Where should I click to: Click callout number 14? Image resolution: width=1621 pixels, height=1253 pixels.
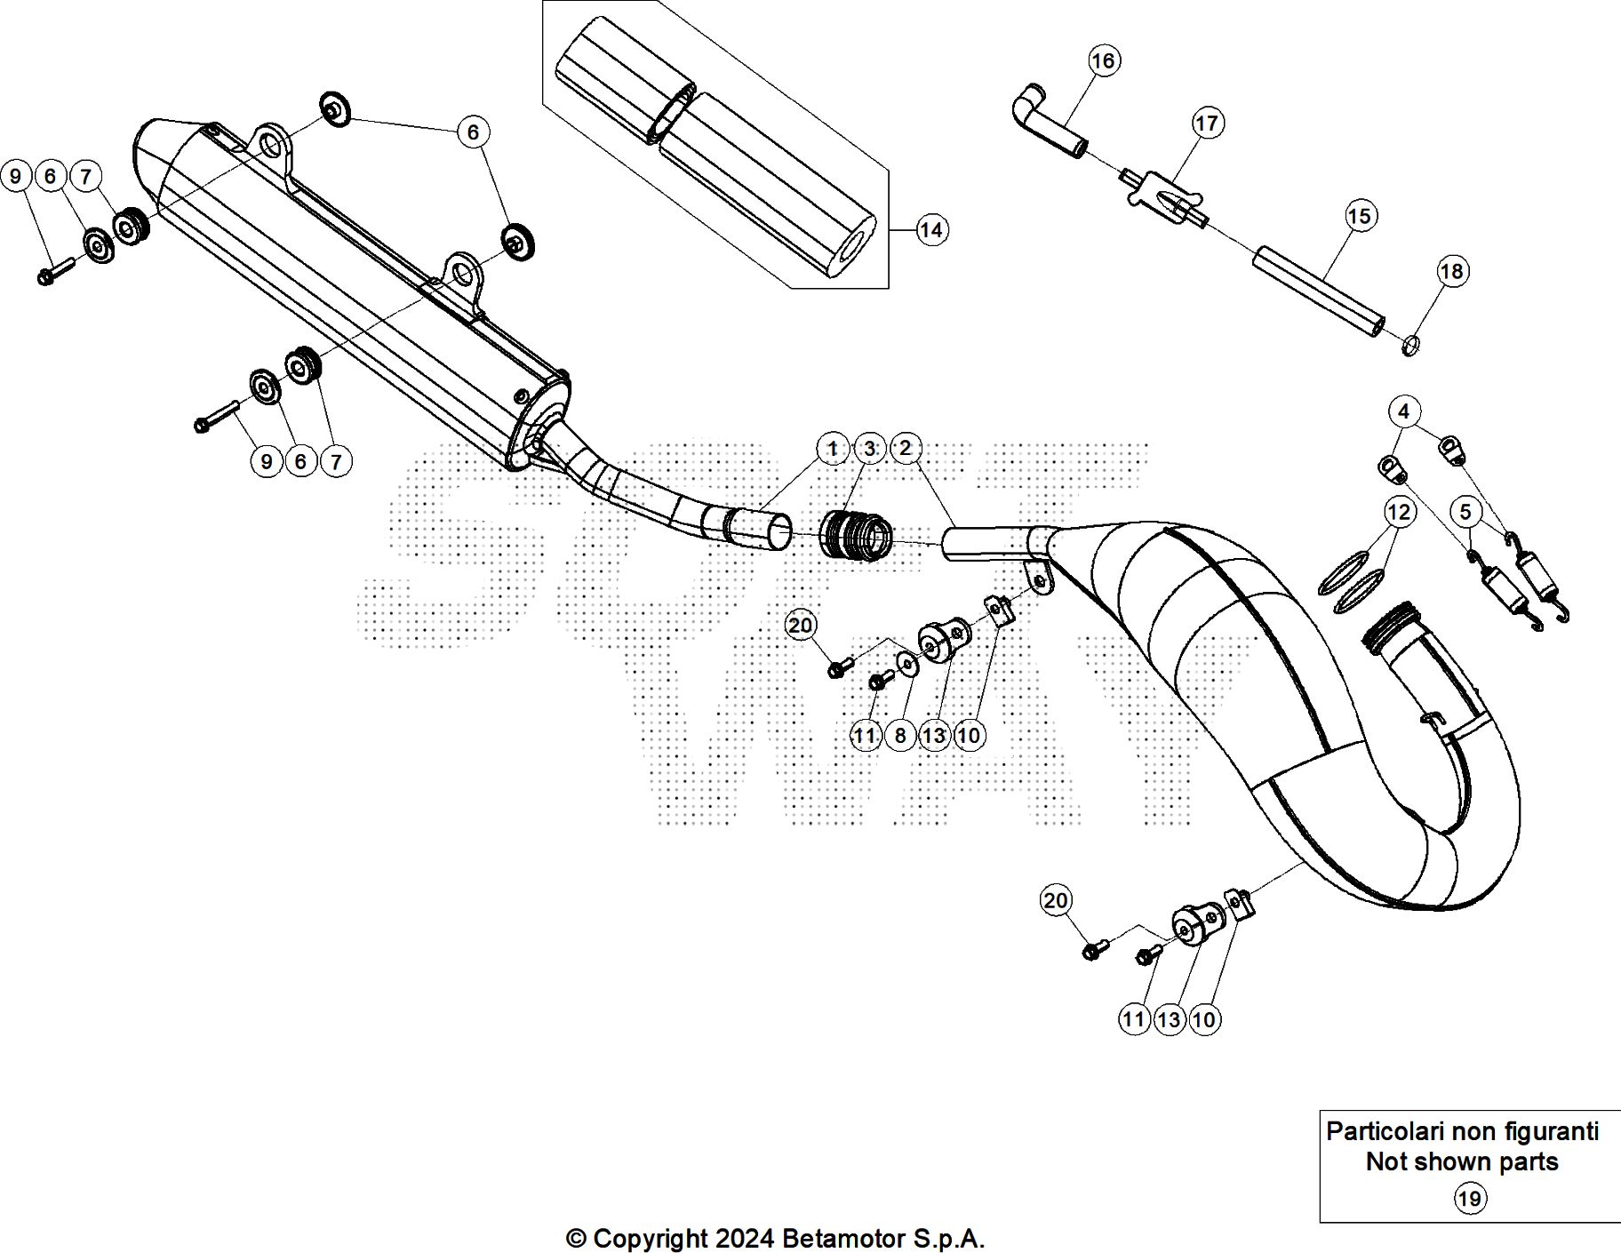tap(930, 230)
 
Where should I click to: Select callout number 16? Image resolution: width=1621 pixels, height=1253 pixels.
tap(1103, 60)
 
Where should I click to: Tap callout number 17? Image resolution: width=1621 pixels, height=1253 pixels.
tap(1207, 123)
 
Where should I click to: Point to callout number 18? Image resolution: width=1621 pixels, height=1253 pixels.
tap(1451, 271)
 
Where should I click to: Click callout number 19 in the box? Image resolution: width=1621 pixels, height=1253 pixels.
tap(1469, 1199)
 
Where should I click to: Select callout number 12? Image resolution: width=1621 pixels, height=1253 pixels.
tap(1399, 513)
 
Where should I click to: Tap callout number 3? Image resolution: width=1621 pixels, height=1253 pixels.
tap(869, 449)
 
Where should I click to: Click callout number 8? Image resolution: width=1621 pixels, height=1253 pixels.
tap(900, 735)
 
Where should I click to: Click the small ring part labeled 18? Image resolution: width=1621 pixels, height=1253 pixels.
tap(1410, 344)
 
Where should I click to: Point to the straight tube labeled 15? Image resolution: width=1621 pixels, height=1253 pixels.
tap(1320, 293)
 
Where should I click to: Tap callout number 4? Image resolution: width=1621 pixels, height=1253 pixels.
tap(1403, 411)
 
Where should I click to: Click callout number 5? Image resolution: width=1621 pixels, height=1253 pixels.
tap(1465, 512)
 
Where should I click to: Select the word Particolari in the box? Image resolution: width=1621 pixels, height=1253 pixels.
tap(1385, 1131)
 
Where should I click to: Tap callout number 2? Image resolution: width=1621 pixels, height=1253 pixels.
tap(905, 449)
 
